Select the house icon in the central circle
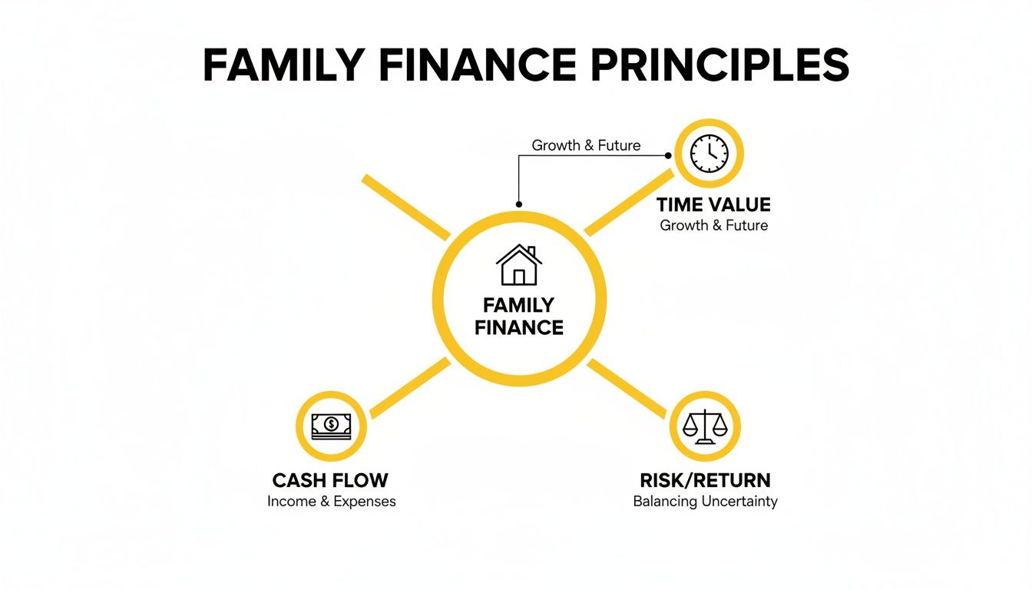pyautogui.click(x=519, y=265)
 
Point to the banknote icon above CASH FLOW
pyautogui.click(x=331, y=426)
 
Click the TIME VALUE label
pyautogui.click(x=713, y=204)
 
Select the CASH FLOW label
pyautogui.click(x=330, y=481)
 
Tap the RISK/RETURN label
pyautogui.click(x=705, y=481)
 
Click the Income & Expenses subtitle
pyautogui.click(x=332, y=502)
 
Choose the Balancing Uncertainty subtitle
pyautogui.click(x=705, y=502)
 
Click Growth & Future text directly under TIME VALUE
pyautogui.click(x=713, y=226)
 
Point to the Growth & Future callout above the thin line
pyautogui.click(x=586, y=145)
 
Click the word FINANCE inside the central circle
pyautogui.click(x=519, y=328)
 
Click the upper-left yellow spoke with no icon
pyautogui.click(x=405, y=206)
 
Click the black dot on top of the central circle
pyautogui.click(x=519, y=205)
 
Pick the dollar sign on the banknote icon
pyautogui.click(x=331, y=423)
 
